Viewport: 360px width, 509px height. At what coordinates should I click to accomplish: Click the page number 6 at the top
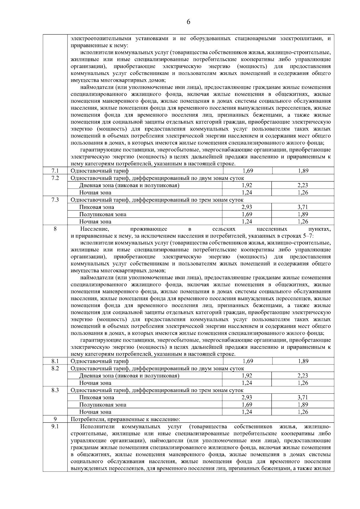click(x=188, y=22)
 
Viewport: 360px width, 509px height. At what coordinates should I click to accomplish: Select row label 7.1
click(x=55, y=171)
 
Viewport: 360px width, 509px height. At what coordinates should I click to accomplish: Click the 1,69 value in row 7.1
click(x=247, y=171)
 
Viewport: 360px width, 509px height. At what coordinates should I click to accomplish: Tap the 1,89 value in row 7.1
click(x=303, y=171)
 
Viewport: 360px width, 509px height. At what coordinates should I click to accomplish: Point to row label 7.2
click(x=55, y=178)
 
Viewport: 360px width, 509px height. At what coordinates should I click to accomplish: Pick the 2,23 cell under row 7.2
click(x=303, y=185)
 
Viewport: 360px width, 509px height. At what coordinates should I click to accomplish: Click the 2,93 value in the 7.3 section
click(x=247, y=207)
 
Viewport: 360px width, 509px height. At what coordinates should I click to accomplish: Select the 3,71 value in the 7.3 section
click(x=303, y=207)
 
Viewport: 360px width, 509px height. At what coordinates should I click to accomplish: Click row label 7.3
click(x=55, y=200)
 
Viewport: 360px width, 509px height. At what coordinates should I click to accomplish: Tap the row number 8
click(x=55, y=229)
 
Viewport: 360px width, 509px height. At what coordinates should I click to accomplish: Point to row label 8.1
click(x=55, y=361)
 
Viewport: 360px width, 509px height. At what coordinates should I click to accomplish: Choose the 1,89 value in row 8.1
click(x=303, y=361)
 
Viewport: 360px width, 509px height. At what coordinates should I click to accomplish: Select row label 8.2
click(x=55, y=368)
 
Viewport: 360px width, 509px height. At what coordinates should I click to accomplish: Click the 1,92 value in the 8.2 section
click(x=247, y=376)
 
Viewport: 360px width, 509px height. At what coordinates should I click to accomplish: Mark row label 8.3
click(x=55, y=390)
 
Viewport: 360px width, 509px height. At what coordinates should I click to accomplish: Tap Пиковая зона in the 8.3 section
click(x=97, y=397)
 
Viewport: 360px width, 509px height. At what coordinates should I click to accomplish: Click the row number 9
click(x=55, y=419)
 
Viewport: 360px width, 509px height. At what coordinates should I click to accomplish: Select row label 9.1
click(x=55, y=427)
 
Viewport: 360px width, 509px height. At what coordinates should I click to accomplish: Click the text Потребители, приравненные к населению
click(x=125, y=419)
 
